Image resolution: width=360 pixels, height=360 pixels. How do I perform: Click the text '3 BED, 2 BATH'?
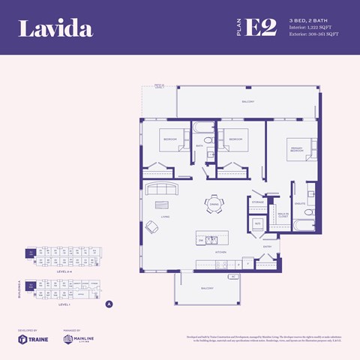(307, 19)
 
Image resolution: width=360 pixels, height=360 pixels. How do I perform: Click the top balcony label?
(248, 101)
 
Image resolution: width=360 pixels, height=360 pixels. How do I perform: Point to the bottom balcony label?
(206, 288)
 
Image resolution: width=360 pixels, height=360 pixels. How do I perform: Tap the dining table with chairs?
(214, 205)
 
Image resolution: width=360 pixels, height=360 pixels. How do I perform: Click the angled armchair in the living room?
(152, 226)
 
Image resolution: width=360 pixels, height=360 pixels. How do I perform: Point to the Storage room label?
(257, 202)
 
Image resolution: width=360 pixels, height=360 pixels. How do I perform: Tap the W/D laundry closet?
(256, 223)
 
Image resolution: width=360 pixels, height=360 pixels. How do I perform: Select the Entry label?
(267, 245)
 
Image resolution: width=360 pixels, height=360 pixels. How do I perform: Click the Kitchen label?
(220, 252)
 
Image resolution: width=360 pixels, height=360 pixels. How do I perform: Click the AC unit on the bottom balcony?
(233, 277)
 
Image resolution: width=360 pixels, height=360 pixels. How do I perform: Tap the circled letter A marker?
(109, 304)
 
